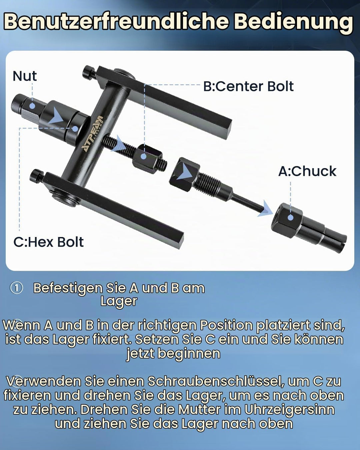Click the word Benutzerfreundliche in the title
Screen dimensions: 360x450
[x=117, y=22]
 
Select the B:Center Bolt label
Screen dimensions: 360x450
[x=249, y=86]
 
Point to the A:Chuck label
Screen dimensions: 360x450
[x=307, y=171]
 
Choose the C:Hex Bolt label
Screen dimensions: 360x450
[x=49, y=242]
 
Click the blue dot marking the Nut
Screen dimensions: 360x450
[x=32, y=106]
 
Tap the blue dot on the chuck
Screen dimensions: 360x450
[x=290, y=218]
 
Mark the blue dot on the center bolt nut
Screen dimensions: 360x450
[x=143, y=156]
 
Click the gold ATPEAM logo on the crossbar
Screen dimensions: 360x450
[x=92, y=134]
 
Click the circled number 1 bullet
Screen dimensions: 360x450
[x=16, y=288]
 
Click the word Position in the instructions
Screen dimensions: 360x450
[x=227, y=325]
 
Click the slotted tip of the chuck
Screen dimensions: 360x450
[x=335, y=243]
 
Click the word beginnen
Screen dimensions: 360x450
[x=188, y=354]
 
